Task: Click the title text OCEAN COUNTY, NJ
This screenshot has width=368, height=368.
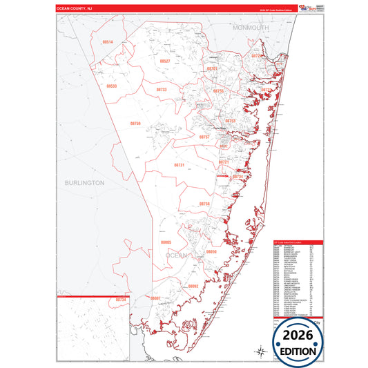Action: point(74,9)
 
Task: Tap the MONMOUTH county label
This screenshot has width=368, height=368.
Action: point(250,27)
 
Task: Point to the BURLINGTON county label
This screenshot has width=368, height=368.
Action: point(84,183)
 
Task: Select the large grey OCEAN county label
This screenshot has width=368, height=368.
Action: point(176,255)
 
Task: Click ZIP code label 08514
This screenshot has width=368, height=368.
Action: point(107,42)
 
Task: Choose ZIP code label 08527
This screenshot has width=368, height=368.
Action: point(164,61)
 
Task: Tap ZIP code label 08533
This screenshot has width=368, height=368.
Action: point(112,86)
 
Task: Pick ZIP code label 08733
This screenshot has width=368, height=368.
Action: point(161,90)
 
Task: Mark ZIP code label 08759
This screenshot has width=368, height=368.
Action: point(135,124)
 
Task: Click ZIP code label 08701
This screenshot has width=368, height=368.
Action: point(212,69)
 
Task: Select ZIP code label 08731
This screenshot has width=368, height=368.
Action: point(179,166)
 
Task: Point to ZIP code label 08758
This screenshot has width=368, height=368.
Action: point(204,204)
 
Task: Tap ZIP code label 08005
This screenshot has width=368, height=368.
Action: point(166,243)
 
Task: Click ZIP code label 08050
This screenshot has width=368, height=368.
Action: point(211,252)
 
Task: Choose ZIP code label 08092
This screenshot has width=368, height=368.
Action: point(193,286)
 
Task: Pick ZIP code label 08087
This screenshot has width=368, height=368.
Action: point(155,298)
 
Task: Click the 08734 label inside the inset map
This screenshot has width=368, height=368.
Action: point(122,300)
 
